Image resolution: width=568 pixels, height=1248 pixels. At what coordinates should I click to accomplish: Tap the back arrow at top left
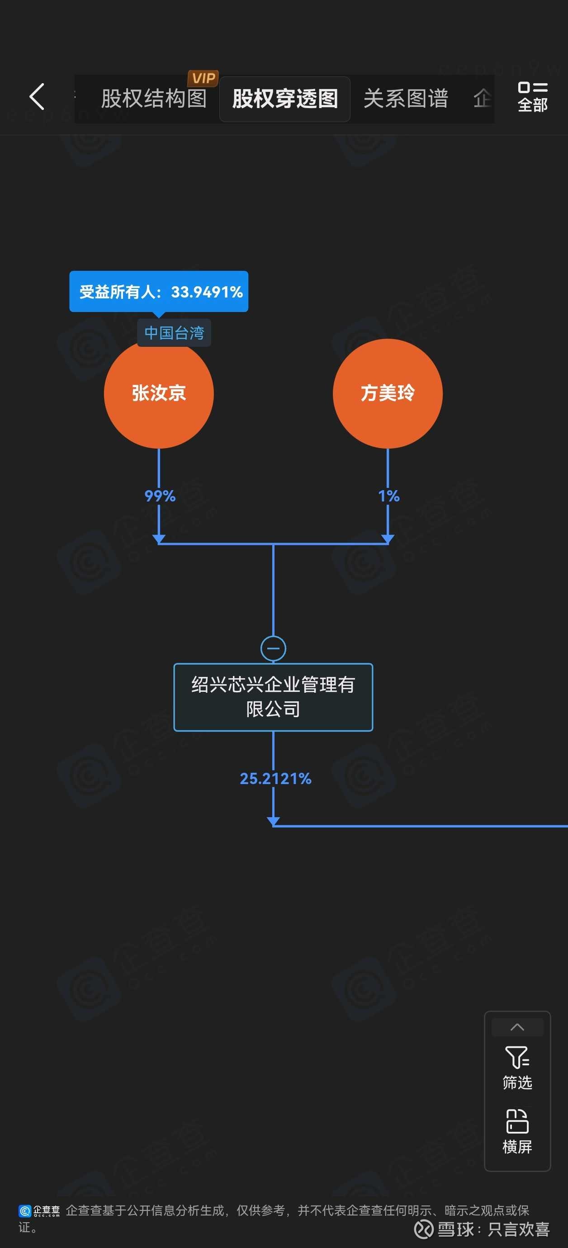click(x=37, y=96)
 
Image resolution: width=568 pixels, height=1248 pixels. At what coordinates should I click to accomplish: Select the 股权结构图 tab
click(x=154, y=99)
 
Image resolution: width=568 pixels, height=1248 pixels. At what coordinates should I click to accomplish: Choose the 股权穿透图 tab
click(x=285, y=99)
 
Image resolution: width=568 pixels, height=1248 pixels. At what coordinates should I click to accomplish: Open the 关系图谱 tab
click(x=406, y=99)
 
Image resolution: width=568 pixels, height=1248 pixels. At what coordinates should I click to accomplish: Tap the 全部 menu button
click(x=532, y=97)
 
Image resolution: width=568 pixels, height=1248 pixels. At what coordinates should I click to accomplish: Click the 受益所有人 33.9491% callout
click(x=159, y=291)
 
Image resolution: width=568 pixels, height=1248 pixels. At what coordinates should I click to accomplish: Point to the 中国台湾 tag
click(x=174, y=333)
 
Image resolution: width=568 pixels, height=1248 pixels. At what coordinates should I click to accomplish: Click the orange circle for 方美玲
click(x=387, y=393)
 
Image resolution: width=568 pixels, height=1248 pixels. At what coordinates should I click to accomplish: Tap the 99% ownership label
click(x=160, y=496)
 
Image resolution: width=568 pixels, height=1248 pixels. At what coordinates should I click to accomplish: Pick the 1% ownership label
click(x=388, y=496)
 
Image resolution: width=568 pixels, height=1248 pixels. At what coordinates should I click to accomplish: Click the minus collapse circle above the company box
click(x=273, y=648)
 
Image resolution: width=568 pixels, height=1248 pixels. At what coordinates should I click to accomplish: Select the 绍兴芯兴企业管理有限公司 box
click(x=273, y=697)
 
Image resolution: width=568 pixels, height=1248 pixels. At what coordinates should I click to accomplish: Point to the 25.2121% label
click(x=275, y=779)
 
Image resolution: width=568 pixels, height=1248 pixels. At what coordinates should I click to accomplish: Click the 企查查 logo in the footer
click(x=39, y=1211)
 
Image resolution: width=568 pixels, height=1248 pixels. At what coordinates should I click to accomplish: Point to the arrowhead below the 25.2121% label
click(x=273, y=821)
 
